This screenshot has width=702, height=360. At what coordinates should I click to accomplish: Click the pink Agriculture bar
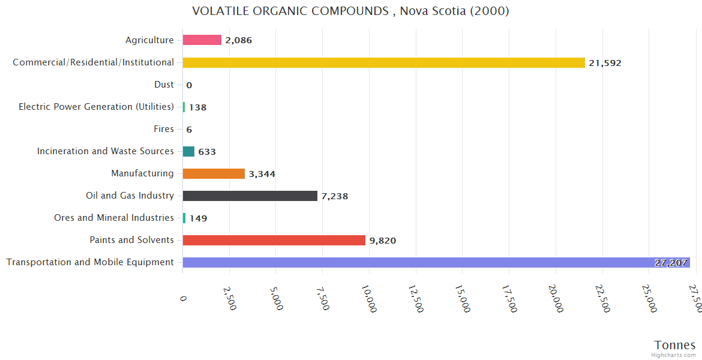pyautogui.click(x=202, y=40)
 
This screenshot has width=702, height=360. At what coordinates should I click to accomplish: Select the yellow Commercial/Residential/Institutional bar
pyautogui.click(x=383, y=62)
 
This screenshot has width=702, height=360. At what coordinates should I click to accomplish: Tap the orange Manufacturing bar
pyautogui.click(x=214, y=174)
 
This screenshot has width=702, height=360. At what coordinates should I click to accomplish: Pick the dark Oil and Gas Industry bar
pyautogui.click(x=250, y=196)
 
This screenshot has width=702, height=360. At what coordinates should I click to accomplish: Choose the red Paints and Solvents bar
pyautogui.click(x=274, y=240)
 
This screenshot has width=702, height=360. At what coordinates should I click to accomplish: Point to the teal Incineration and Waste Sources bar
pyautogui.click(x=188, y=152)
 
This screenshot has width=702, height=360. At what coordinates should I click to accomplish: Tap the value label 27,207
pyautogui.click(x=671, y=263)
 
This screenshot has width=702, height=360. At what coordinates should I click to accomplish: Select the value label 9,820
pyautogui.click(x=382, y=241)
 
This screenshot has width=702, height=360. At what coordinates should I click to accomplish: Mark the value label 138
pyautogui.click(x=197, y=107)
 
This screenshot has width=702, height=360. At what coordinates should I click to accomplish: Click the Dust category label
pyautogui.click(x=164, y=85)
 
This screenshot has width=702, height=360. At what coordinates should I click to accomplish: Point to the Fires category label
pyautogui.click(x=164, y=129)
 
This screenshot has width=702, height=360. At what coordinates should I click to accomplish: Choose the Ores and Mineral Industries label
pyautogui.click(x=114, y=218)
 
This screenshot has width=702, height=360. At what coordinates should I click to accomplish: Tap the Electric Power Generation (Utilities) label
pyautogui.click(x=96, y=107)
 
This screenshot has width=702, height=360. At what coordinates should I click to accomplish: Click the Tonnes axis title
pyautogui.click(x=675, y=345)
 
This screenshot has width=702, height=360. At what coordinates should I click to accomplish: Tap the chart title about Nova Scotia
pyautogui.click(x=350, y=11)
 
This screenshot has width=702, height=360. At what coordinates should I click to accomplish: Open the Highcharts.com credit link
pyautogui.click(x=674, y=355)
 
